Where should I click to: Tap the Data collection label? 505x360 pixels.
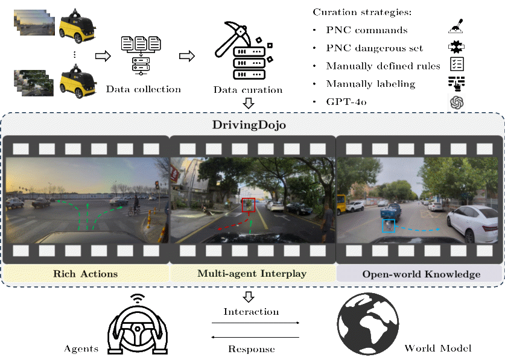(143, 89)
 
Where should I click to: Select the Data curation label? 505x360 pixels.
(248, 90)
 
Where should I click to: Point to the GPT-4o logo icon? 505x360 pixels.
(457, 103)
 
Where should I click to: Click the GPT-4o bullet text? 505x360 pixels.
(346, 102)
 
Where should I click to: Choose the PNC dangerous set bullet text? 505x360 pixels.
(375, 48)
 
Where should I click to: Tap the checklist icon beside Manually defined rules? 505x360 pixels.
(457, 65)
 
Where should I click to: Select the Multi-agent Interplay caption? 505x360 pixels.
(252, 274)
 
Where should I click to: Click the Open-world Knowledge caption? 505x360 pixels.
(421, 274)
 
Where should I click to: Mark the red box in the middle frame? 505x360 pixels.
(249, 205)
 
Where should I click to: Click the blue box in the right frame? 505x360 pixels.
(389, 226)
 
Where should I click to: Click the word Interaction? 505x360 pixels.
(252, 312)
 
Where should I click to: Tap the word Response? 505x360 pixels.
(252, 349)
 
